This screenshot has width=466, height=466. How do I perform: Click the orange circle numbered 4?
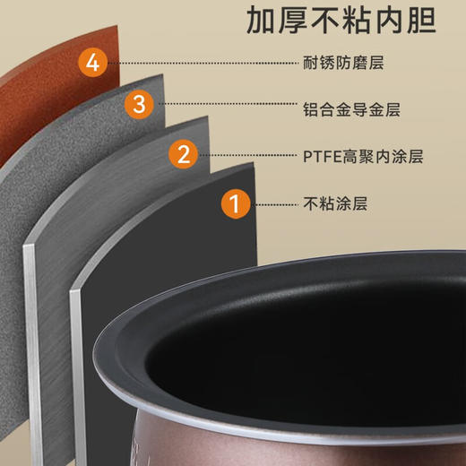pyautogui.click(x=92, y=64)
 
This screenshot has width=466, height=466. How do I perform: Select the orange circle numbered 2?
pyautogui.click(x=184, y=155)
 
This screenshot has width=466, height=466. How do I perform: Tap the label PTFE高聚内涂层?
pyautogui.click(x=363, y=156)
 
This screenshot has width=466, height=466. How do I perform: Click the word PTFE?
pyautogui.click(x=321, y=156)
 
